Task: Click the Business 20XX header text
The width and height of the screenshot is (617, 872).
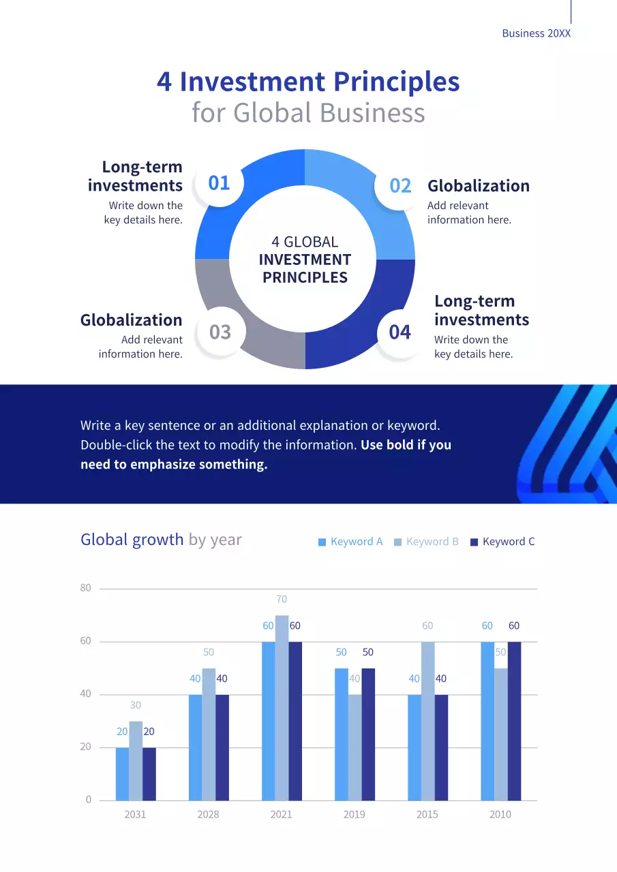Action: point(536,33)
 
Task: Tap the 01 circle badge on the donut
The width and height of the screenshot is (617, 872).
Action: point(219,183)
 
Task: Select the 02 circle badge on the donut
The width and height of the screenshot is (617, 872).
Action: point(400,186)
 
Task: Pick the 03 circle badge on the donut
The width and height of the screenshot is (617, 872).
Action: point(220,332)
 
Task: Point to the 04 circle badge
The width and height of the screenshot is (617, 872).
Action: point(400,332)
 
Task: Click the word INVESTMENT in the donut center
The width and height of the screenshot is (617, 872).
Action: point(305,260)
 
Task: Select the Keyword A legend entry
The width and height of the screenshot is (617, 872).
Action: point(350,542)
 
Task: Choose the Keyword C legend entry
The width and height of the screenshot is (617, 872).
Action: point(502,542)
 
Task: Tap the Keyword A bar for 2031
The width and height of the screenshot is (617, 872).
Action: point(122,774)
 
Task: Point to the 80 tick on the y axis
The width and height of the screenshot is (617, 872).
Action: point(85,588)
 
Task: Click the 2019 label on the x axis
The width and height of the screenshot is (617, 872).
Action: point(354,814)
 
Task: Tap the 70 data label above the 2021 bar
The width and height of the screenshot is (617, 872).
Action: point(282,599)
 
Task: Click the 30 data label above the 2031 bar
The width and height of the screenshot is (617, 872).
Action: point(136,705)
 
